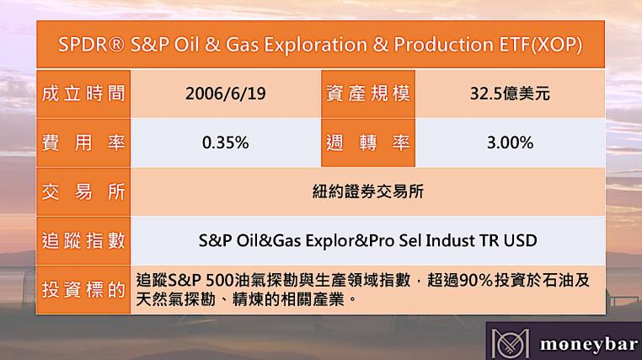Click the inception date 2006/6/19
click(x=226, y=94)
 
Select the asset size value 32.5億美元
click(x=510, y=94)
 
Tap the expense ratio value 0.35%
click(x=226, y=142)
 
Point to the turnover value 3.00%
click(x=511, y=142)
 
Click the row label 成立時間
click(x=83, y=94)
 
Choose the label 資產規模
click(x=367, y=94)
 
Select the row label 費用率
click(x=83, y=142)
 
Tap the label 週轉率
click(x=367, y=142)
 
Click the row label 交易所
click(x=83, y=191)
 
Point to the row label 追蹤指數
click(x=83, y=240)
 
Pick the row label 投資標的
click(x=83, y=289)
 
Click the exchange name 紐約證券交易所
click(x=367, y=191)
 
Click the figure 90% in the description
click(x=476, y=281)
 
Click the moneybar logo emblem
click(x=511, y=343)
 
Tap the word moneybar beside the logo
click(x=589, y=344)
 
